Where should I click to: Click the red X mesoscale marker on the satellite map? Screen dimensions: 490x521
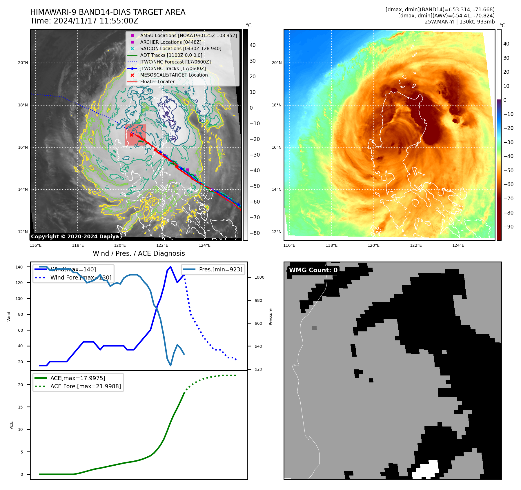pyautogui.click(x=131, y=135)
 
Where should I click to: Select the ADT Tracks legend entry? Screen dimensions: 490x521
pyautogui.click(x=171, y=55)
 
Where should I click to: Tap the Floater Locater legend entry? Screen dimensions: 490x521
pyautogui.click(x=157, y=81)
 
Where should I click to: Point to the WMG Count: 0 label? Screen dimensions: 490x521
pyautogui.click(x=313, y=270)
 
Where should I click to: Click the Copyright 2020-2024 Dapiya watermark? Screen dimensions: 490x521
pyautogui.click(x=75, y=237)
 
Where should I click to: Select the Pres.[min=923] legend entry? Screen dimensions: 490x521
pyautogui.click(x=220, y=269)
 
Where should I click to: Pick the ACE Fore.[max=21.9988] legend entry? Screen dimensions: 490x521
pyautogui.click(x=86, y=386)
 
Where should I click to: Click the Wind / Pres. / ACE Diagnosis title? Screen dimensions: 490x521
pyautogui.click(x=139, y=253)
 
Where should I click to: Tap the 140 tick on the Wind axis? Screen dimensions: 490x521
pyautogui.click(x=19, y=267)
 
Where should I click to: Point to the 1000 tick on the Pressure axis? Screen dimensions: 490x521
pyautogui.click(x=259, y=277)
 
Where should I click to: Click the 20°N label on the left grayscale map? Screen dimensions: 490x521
pyautogui.click(x=23, y=63)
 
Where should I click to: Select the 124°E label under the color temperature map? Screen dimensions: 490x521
pyautogui.click(x=458, y=245)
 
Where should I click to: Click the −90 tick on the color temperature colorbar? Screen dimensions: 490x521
pyautogui.click(x=508, y=227)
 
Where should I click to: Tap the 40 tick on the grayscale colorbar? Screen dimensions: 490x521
pyautogui.click(x=253, y=45)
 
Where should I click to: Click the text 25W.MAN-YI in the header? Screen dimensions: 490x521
pyautogui.click(x=440, y=22)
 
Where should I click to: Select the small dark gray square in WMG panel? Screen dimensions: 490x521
pyautogui.click(x=314, y=328)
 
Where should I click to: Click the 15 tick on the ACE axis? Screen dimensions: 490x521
pyautogui.click(x=20, y=407)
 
